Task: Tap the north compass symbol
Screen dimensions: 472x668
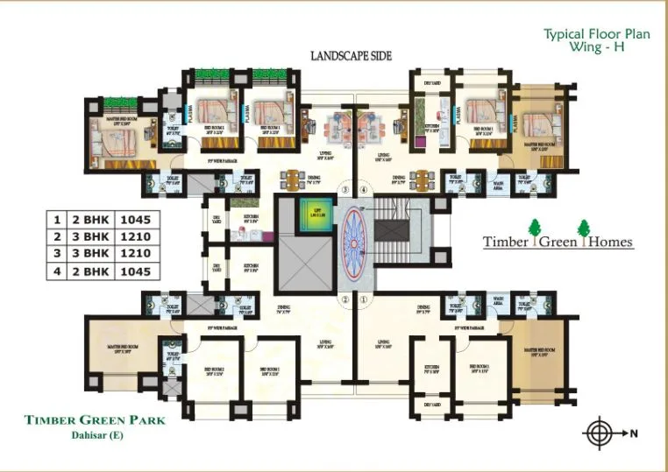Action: (x=600, y=433)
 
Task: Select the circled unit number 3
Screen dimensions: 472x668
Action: (x=345, y=188)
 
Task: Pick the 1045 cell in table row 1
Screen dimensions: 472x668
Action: (x=135, y=220)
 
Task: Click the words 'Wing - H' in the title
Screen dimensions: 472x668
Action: (x=595, y=48)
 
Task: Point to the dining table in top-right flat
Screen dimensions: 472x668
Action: (x=422, y=180)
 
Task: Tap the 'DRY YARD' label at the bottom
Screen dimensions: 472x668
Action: (x=430, y=405)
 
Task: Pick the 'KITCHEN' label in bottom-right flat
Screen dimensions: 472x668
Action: (x=431, y=367)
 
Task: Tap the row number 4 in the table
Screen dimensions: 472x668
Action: (x=57, y=271)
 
